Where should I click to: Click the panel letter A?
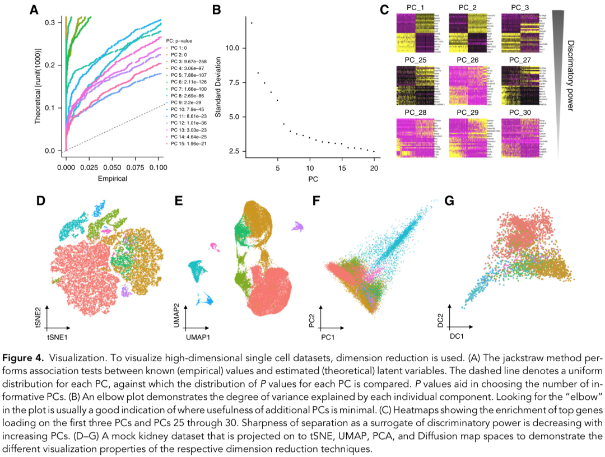point(34,10)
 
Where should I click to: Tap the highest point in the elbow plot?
point(252,23)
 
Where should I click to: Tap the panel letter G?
point(448,199)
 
